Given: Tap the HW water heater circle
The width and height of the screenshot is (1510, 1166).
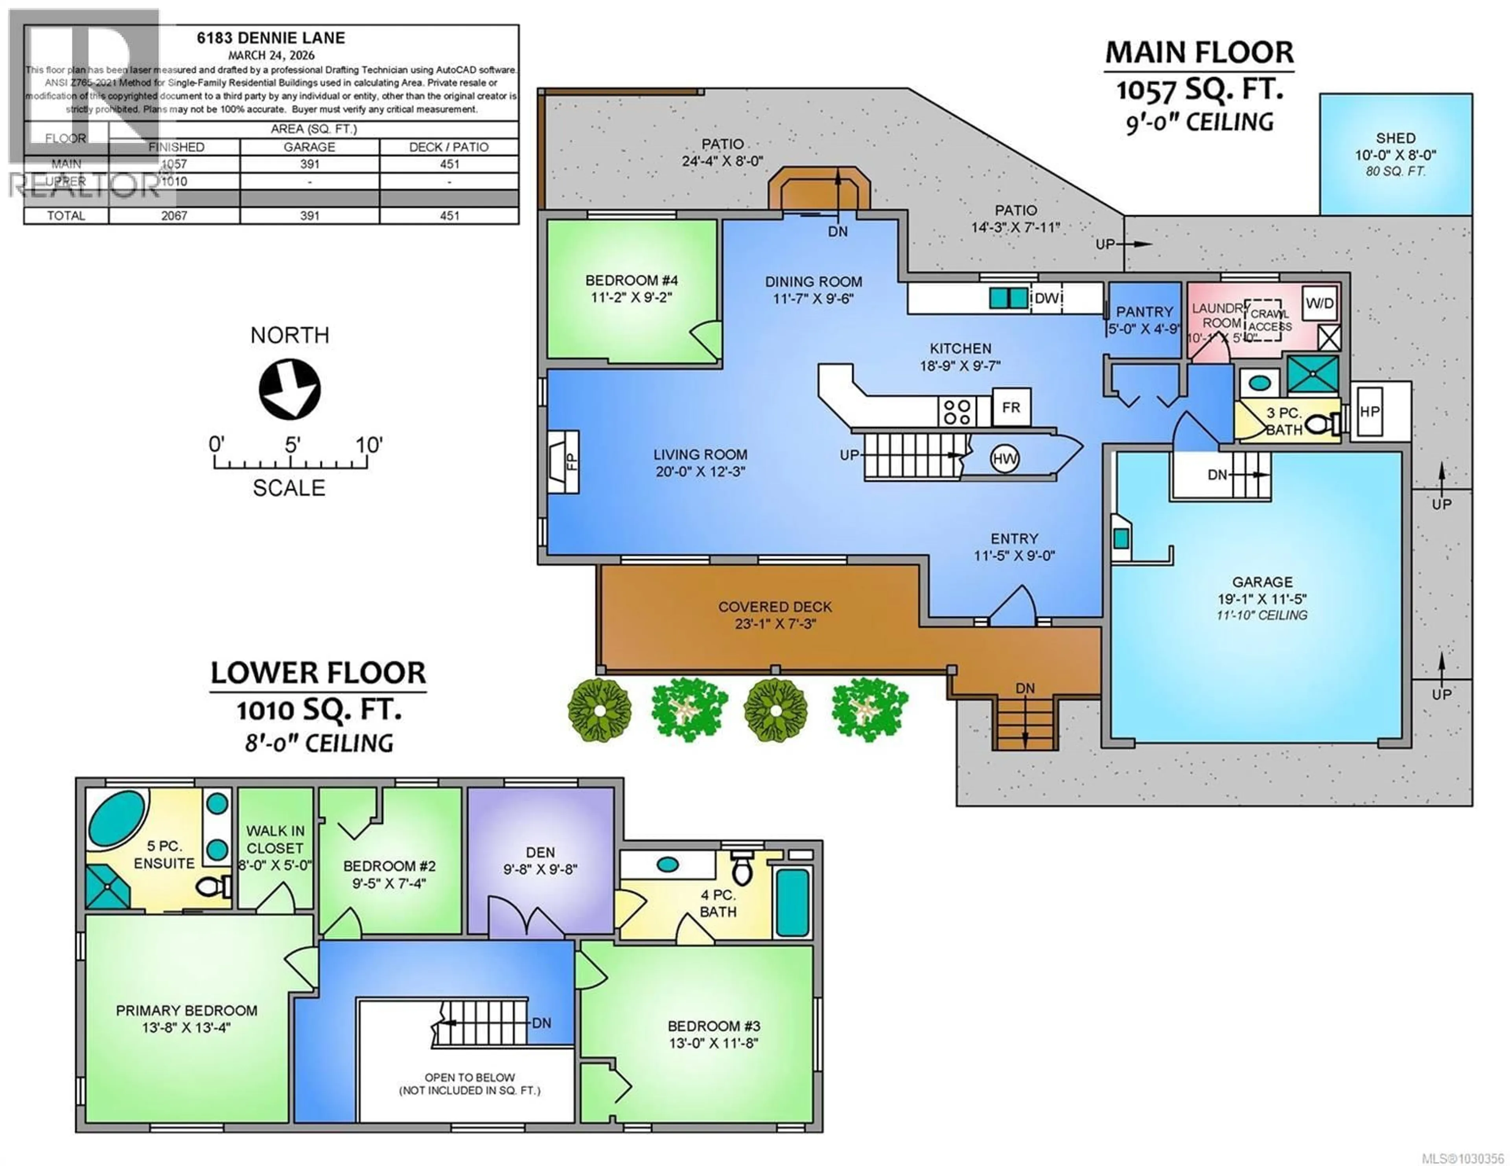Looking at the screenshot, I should [x=1005, y=459].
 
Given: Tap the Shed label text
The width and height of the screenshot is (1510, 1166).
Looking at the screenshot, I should [x=1395, y=138].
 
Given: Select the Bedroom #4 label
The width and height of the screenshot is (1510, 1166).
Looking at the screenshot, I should [x=631, y=281].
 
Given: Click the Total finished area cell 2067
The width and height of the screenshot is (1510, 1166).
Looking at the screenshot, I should [x=174, y=216].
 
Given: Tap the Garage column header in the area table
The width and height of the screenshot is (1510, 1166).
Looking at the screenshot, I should [x=309, y=147].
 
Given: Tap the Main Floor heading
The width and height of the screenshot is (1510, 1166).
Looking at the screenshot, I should [x=1199, y=53].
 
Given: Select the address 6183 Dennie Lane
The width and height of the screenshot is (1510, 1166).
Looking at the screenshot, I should [x=270, y=38].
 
